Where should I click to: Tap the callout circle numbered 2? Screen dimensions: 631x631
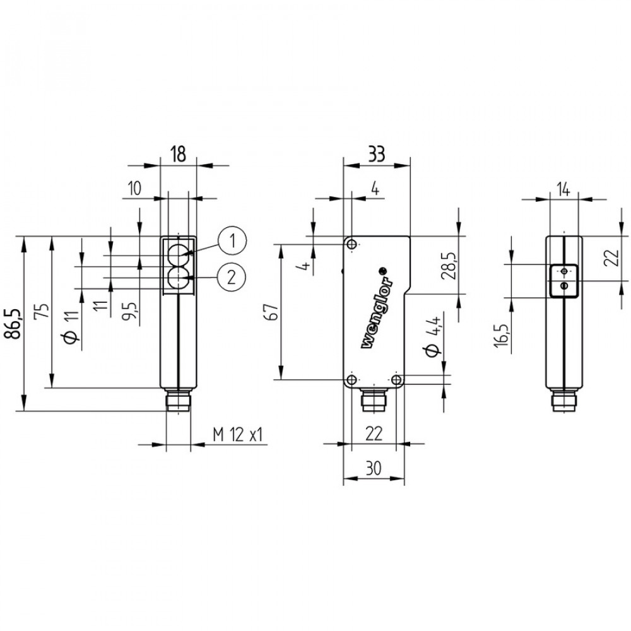(232, 275)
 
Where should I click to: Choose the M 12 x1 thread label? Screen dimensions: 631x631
(237, 435)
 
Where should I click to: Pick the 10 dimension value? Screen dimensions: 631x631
(134, 189)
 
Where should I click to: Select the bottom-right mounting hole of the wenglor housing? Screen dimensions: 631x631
(396, 379)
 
